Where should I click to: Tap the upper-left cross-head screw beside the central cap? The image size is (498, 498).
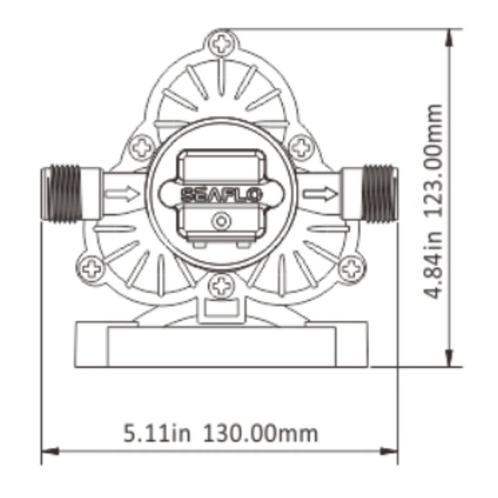coord(143,147)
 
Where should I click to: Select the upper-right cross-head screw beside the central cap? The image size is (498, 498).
coord(303,147)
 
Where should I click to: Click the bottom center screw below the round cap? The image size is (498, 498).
coord(221,286)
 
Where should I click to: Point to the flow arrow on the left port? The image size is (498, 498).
coord(122,194)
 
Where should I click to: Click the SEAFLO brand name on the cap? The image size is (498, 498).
coord(222,194)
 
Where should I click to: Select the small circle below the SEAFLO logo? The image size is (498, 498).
coord(222,220)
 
